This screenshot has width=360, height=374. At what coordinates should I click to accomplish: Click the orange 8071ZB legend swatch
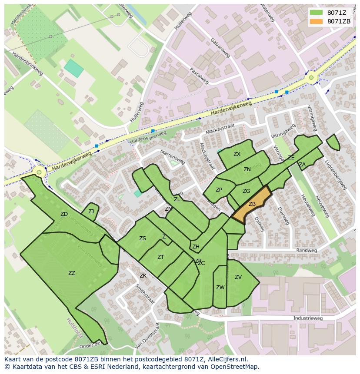[x=317, y=21]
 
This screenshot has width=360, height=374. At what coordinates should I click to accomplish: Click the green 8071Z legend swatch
[x=317, y=13]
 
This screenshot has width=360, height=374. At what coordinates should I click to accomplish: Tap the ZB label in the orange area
[x=252, y=204]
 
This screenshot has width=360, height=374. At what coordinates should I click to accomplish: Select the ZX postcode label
[x=237, y=154]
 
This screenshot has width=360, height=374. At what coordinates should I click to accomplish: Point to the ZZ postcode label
[x=72, y=273]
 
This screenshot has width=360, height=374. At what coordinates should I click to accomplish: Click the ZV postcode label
[x=238, y=277]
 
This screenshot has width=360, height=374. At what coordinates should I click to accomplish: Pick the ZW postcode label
[x=220, y=288]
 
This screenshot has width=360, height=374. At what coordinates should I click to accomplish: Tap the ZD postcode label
[x=64, y=214]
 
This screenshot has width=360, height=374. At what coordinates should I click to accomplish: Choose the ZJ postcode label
[x=91, y=212]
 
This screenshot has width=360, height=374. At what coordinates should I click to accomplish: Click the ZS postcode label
[x=143, y=238]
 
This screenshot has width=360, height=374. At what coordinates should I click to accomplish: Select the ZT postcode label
[x=160, y=257]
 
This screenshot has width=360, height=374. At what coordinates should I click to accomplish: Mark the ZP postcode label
[x=219, y=190]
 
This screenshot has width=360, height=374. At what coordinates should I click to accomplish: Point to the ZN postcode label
[x=247, y=169]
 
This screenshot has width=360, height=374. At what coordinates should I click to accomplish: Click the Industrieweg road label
[x=308, y=318]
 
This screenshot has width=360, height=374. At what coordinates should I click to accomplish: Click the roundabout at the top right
[x=311, y=78]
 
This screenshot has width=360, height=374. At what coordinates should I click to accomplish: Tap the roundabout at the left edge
[x=39, y=172]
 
